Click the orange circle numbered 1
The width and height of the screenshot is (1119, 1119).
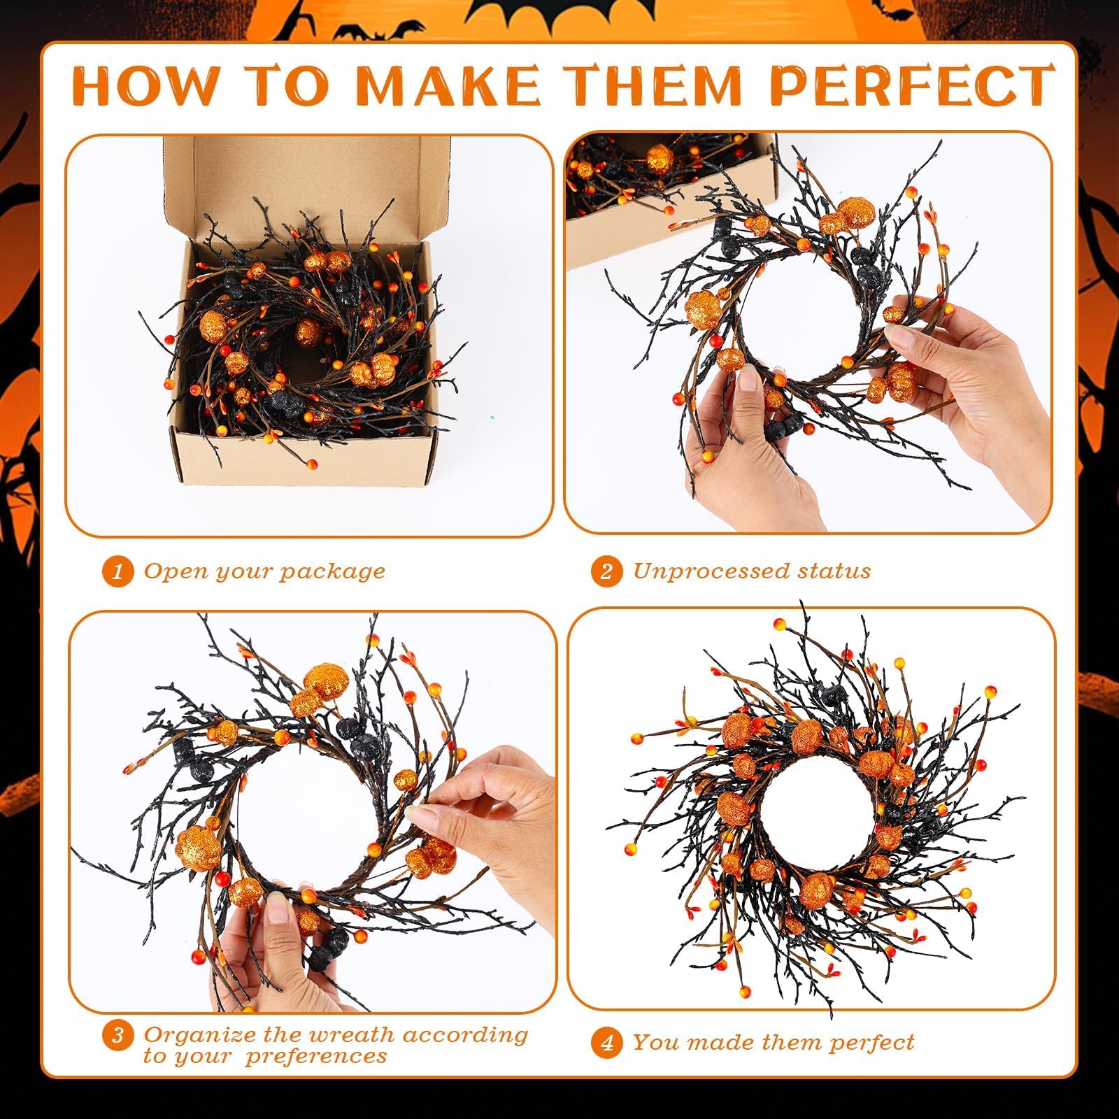[117, 572]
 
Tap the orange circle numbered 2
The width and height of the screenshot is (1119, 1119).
[606, 572]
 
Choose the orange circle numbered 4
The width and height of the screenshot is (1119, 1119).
[606, 1043]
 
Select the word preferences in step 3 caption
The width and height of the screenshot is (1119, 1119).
[316, 1056]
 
